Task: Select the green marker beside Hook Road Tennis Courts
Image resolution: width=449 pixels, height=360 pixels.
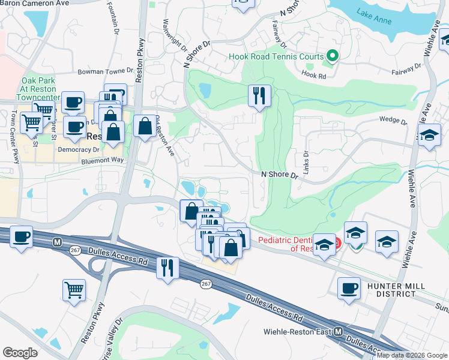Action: [x=331, y=57]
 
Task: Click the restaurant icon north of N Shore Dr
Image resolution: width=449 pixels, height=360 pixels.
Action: [x=259, y=96]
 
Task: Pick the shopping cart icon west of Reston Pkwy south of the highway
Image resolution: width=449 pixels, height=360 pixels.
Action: [x=74, y=289]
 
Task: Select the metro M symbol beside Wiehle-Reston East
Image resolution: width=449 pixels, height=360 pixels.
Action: [x=339, y=331]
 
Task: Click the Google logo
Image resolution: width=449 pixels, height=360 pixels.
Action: [x=20, y=353]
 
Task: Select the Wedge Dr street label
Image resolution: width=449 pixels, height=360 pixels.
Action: [x=393, y=120]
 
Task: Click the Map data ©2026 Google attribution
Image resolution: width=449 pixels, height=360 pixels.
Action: [x=412, y=355]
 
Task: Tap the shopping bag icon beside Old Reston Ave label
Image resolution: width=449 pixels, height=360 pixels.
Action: [x=145, y=127]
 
